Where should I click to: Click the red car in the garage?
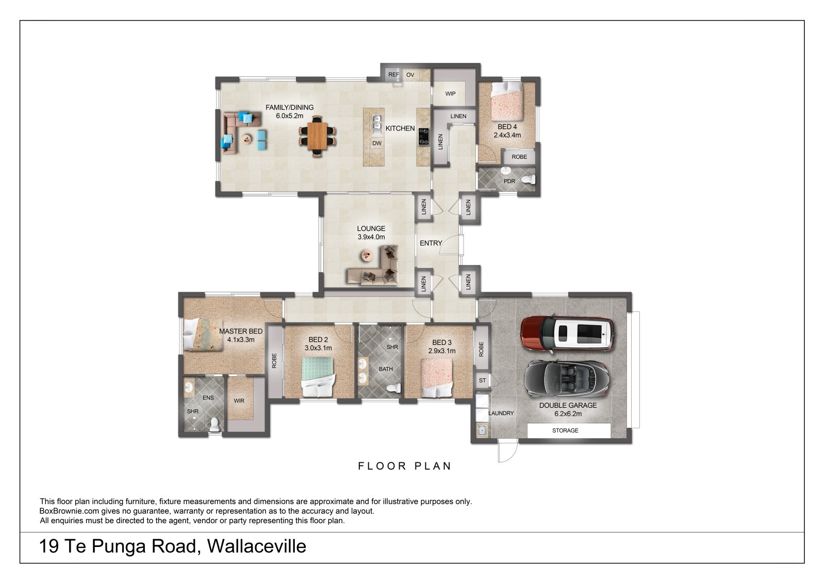point(567,334)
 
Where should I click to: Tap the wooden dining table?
point(317,136)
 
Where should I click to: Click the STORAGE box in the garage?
point(569,430)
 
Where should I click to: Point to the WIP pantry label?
point(451,94)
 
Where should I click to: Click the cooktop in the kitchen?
point(424,137)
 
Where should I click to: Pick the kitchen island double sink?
point(377,124)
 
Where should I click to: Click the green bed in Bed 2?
point(319,377)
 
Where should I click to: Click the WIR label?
point(239,401)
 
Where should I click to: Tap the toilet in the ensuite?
point(215,424)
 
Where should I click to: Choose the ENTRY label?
point(431,243)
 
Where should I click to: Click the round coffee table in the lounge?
point(367,255)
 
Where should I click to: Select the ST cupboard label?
point(483,381)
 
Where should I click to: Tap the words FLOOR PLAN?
point(405,467)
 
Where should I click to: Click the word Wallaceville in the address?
point(256,546)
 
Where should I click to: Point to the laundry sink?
point(482,430)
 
